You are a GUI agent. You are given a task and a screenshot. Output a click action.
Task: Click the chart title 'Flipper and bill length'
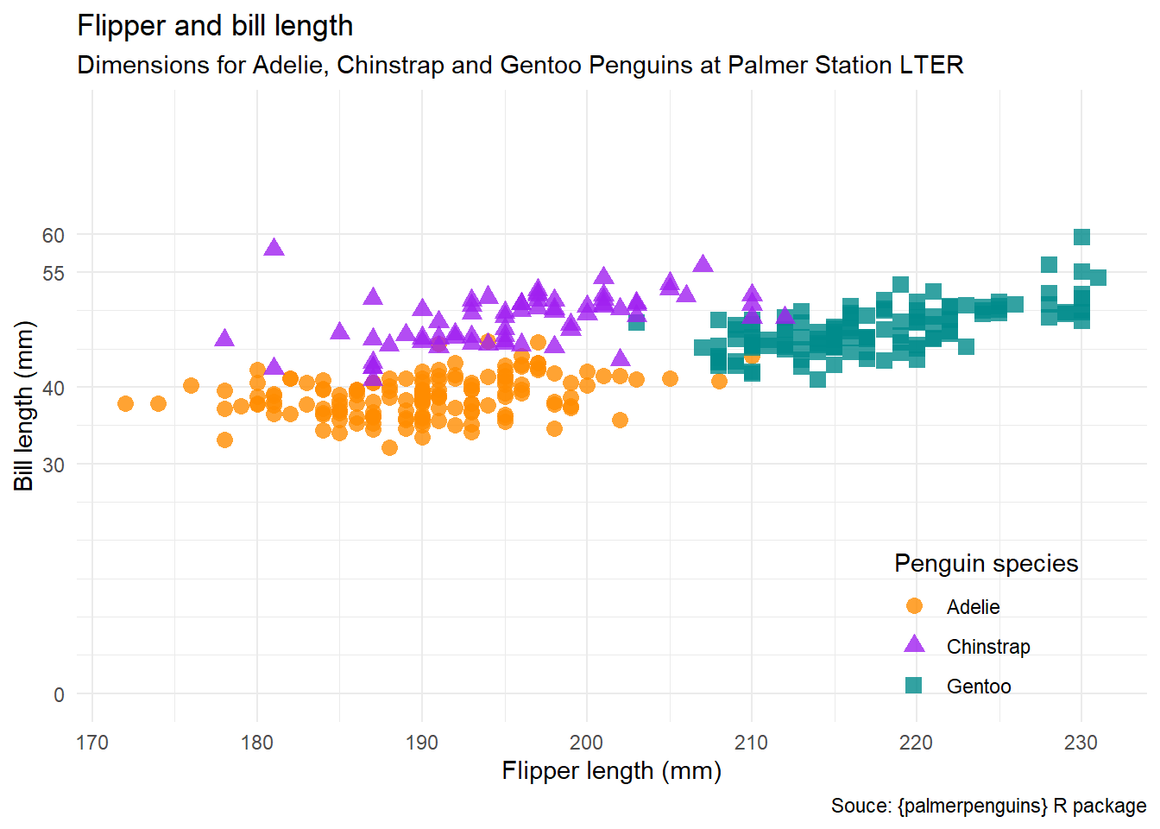pos(215,26)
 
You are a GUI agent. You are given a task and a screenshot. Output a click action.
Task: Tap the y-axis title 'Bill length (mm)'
pos(24,406)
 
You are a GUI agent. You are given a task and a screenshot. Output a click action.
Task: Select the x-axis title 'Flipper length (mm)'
pos(611,770)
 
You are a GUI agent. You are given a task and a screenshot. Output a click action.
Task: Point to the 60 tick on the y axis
pos(54,235)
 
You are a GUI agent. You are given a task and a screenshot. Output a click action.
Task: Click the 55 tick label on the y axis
pos(54,273)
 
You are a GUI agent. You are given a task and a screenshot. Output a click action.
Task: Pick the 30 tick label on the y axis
pos(54,465)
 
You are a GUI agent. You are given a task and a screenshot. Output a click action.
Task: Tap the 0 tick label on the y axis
pos(59,694)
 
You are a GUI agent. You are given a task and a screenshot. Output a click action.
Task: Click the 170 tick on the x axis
pos(92,743)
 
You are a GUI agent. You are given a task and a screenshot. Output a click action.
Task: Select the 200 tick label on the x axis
pos(587,743)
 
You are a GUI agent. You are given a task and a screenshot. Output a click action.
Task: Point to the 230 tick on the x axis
pos(1081,743)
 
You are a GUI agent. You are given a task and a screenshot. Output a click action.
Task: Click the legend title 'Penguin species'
pos(986,564)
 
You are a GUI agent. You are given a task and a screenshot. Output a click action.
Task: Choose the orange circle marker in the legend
pos(914,606)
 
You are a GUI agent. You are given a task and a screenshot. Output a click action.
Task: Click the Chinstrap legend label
pos(988,647)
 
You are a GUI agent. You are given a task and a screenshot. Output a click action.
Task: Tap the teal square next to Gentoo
pos(914,686)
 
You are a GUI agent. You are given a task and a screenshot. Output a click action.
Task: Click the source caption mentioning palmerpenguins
pos(988,806)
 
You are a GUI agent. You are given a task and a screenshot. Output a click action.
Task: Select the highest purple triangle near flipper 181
pos(274,248)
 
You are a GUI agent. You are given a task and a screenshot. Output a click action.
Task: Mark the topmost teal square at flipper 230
pos(1081,237)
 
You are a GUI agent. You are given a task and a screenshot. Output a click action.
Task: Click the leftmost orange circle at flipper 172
pos(125,403)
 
